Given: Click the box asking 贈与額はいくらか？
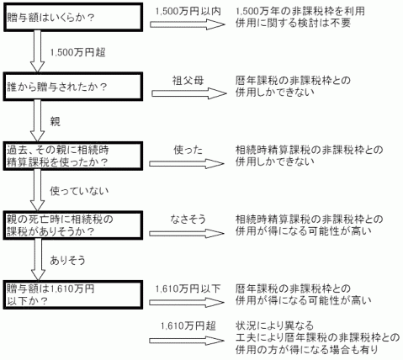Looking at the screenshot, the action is (73, 17).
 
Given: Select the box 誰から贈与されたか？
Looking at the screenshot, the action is (72, 87).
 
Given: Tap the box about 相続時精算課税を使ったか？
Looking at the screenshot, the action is (73, 156).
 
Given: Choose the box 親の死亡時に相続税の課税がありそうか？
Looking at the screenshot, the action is (73, 225).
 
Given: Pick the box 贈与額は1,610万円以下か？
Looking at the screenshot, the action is (73, 294).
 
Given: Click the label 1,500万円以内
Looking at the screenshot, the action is (188, 11).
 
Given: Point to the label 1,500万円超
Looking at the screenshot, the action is (77, 52).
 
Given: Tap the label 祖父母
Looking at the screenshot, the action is (188, 81).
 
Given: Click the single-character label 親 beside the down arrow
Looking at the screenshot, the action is (55, 121).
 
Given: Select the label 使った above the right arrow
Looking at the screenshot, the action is (188, 151).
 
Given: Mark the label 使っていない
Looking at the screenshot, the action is (79, 191).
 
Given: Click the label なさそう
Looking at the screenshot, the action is (188, 219).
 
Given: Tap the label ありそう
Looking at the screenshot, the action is (67, 261).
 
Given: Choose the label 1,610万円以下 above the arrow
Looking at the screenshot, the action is (188, 289).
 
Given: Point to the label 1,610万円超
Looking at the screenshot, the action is (188, 326).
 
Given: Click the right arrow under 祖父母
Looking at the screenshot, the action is (189, 93).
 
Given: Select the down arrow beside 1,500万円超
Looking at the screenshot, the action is (37, 51).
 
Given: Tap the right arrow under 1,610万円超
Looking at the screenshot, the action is (187, 341).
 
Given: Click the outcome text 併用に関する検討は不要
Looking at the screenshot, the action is (293, 23).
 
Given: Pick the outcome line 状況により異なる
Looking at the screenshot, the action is (274, 326).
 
